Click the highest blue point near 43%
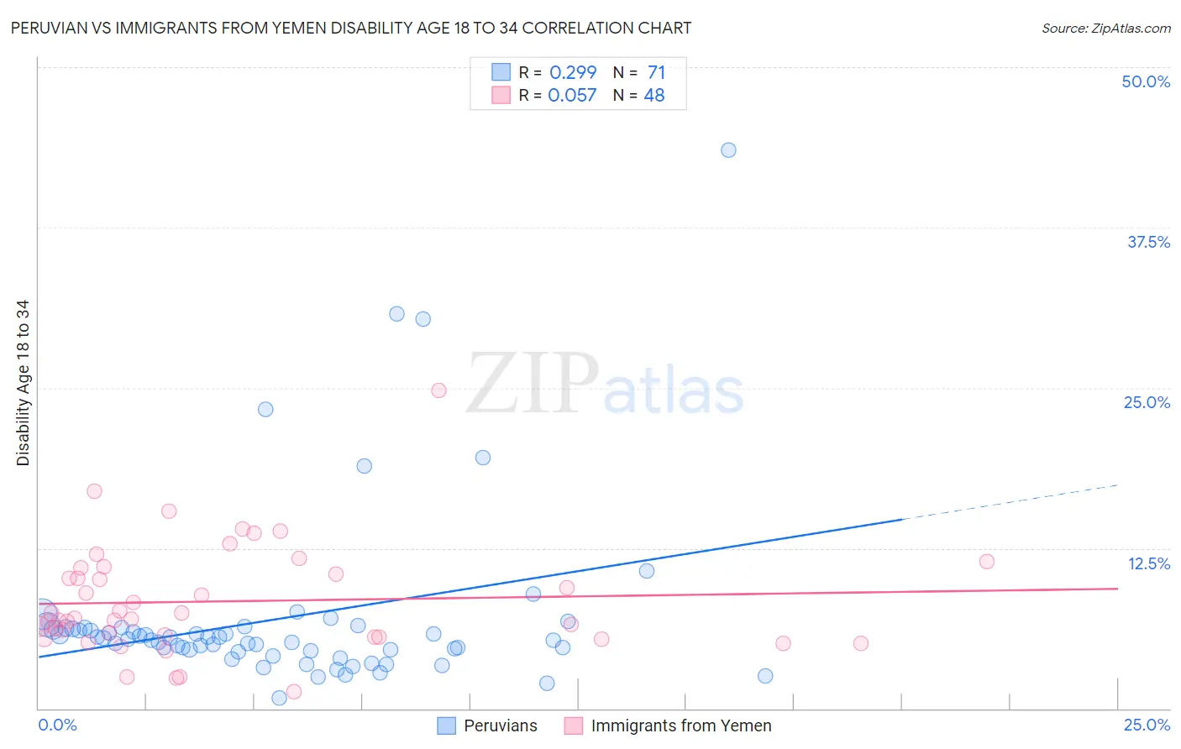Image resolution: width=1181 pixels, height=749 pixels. [728, 150]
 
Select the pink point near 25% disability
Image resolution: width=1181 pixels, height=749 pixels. [438, 390]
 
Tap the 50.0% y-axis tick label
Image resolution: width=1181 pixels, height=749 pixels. [1146, 81]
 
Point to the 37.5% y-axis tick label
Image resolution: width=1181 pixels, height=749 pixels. [1148, 242]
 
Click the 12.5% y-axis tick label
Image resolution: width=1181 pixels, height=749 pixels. [1148, 563]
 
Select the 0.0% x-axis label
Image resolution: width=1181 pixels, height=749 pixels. [57, 725]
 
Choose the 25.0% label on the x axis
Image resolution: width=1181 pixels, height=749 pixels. [1147, 725]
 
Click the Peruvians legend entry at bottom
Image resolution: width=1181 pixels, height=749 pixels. [500, 725]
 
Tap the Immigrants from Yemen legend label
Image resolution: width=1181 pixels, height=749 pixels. [680, 725]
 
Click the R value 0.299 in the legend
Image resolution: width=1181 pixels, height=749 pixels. [573, 73]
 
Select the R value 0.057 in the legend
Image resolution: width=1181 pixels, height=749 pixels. [572, 96]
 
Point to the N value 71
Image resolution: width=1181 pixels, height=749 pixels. [656, 73]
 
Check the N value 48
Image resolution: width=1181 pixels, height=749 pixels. [654, 96]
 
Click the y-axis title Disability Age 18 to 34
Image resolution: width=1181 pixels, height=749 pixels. [23, 383]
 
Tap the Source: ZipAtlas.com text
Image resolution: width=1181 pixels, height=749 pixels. [1105, 29]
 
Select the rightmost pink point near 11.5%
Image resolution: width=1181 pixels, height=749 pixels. [987, 562]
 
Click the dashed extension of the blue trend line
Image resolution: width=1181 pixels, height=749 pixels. [1008, 502]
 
